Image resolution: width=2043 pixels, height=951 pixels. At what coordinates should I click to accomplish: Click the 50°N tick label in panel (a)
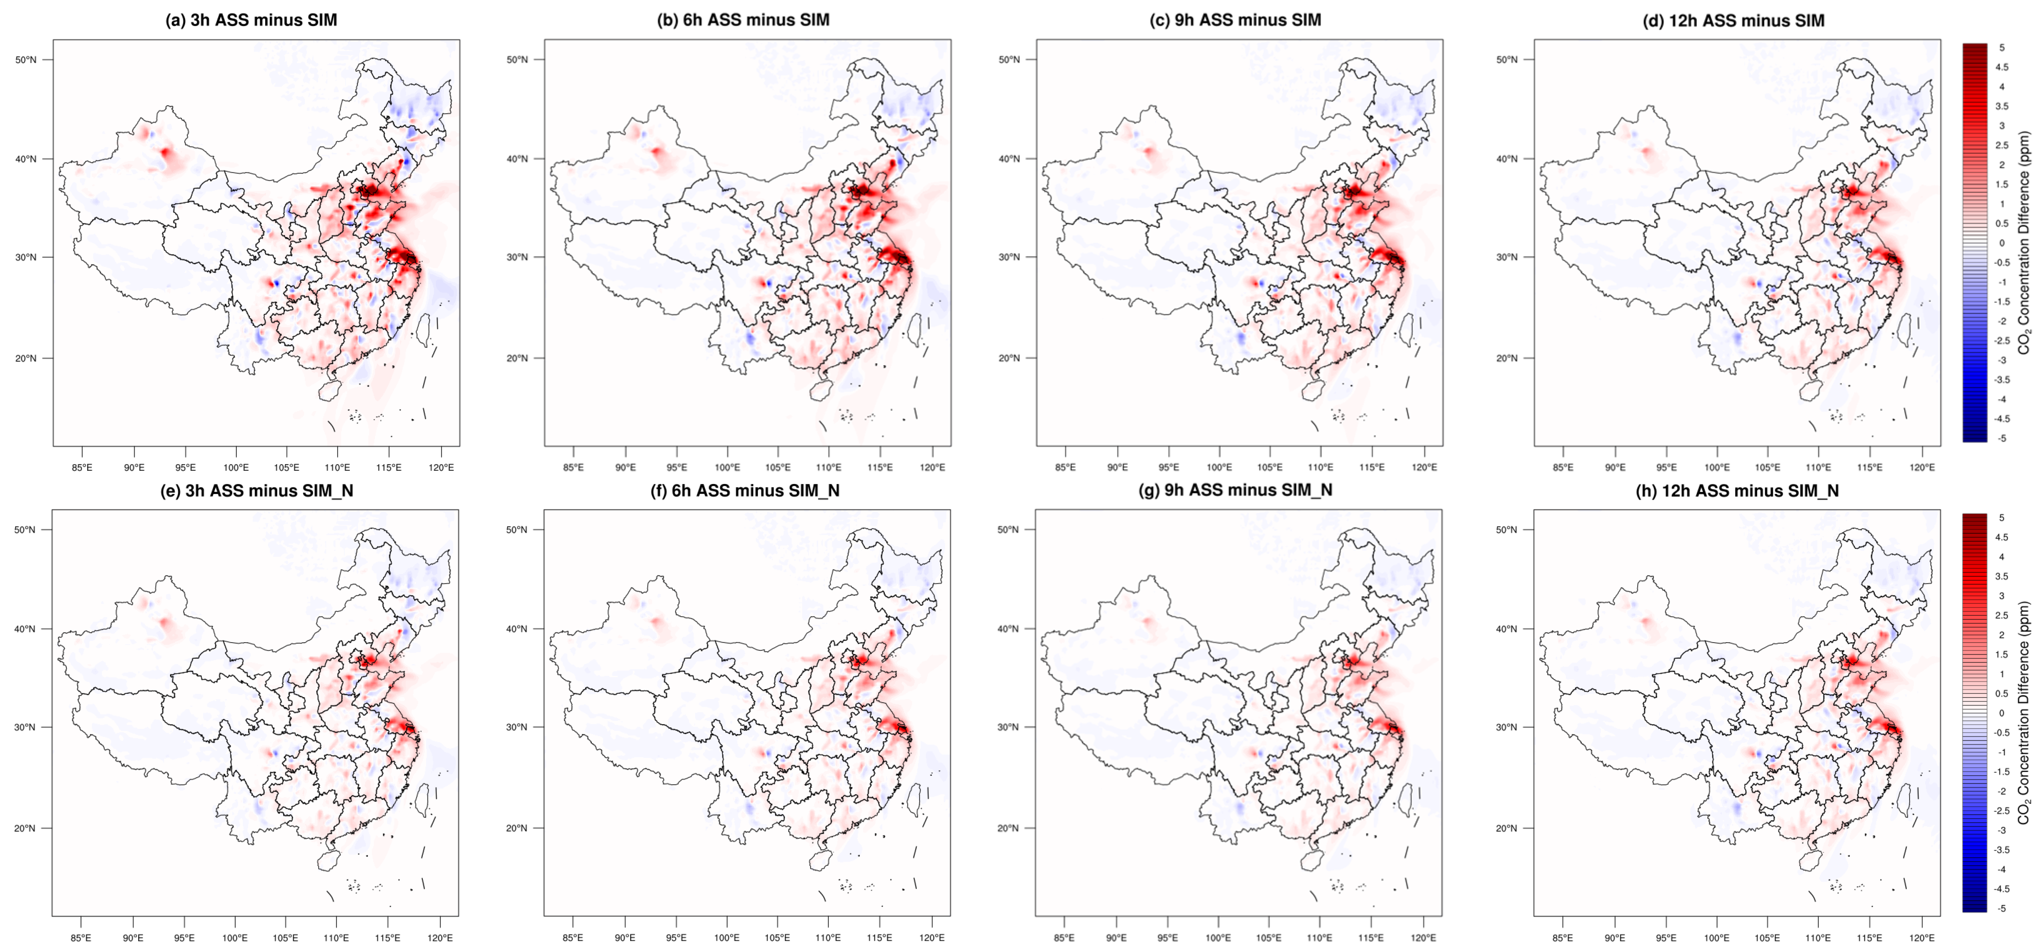coord(26,60)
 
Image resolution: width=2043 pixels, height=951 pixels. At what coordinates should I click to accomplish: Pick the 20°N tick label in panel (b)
coord(517,358)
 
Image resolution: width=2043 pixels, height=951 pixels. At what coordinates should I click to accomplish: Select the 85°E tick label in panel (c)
coord(1065,467)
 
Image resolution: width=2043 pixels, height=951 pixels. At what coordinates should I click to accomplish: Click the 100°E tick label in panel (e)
coord(235,938)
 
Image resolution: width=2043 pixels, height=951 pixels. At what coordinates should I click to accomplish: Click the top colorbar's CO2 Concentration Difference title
coord(2024,242)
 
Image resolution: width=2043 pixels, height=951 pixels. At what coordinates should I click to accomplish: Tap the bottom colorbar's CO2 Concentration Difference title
coord(2024,712)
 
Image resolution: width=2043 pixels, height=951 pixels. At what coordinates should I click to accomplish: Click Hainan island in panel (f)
coord(819,861)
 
